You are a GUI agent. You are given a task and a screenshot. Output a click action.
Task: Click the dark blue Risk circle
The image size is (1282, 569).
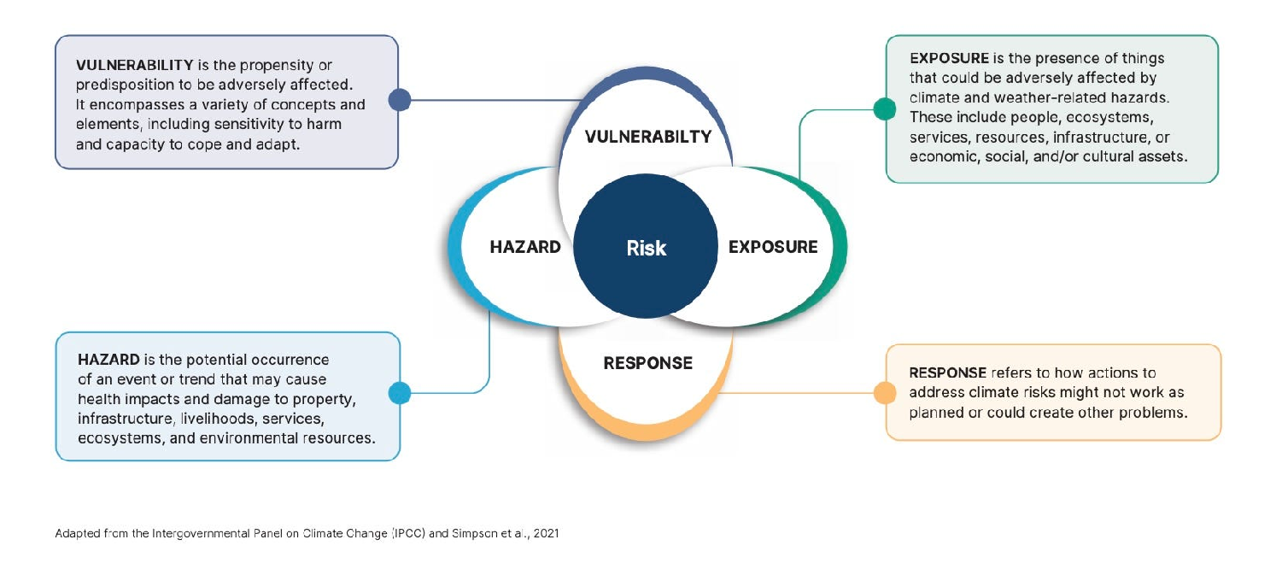click(x=646, y=248)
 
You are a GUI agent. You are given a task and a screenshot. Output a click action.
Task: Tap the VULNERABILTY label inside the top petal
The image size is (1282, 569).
click(x=648, y=138)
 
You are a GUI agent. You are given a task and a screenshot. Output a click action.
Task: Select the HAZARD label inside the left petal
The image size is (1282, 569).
click(x=525, y=248)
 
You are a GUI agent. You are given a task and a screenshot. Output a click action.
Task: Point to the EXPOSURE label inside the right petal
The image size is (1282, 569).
click(x=772, y=248)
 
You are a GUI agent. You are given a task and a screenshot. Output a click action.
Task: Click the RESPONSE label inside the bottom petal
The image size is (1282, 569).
click(x=647, y=363)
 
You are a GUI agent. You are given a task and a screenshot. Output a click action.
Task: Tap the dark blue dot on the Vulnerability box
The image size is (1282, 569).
click(x=400, y=100)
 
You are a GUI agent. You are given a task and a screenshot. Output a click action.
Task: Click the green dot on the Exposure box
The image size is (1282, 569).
click(x=885, y=109)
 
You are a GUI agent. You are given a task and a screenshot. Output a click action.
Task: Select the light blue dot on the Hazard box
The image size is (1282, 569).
click(x=400, y=393)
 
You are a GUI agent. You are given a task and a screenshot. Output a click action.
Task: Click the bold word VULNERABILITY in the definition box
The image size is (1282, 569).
click(x=135, y=66)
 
